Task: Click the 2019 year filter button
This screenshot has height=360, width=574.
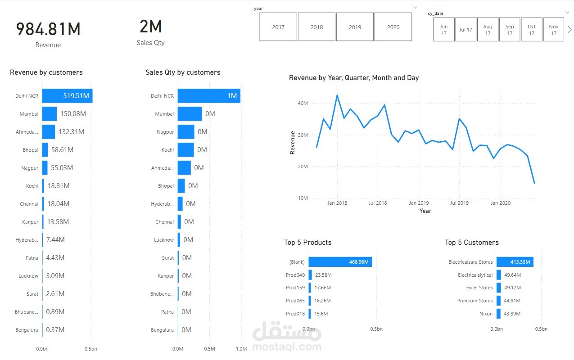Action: click(355, 27)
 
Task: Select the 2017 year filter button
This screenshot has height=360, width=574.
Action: click(278, 27)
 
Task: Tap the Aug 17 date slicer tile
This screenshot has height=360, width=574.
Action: click(488, 30)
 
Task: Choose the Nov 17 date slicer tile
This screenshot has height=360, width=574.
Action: click(553, 30)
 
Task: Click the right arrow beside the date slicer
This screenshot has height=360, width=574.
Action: click(569, 30)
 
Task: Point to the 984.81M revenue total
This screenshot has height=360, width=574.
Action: click(48, 29)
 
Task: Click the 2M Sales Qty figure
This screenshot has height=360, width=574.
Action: click(151, 27)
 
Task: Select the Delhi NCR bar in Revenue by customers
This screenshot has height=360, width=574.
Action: click(67, 96)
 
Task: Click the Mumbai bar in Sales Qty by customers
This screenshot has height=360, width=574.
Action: click(190, 114)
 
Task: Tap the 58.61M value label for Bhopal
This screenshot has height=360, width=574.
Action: click(63, 150)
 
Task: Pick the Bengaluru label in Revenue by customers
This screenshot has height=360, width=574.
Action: click(27, 330)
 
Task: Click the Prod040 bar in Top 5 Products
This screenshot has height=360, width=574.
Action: click(310, 275)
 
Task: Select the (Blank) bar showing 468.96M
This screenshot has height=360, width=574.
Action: click(340, 262)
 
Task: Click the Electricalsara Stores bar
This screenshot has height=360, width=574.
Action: click(515, 262)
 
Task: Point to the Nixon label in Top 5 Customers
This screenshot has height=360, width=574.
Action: click(486, 314)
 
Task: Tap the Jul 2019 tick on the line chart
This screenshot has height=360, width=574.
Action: click(459, 203)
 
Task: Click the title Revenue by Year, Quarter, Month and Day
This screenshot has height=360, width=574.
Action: click(354, 78)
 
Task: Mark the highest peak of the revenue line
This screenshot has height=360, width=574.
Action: click(337, 95)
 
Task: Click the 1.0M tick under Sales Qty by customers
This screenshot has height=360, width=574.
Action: click(241, 349)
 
